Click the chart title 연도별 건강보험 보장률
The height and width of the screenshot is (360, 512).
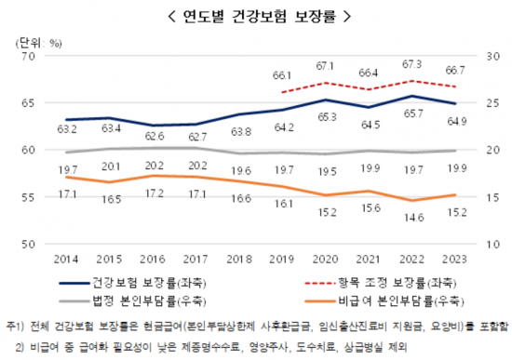(255, 16)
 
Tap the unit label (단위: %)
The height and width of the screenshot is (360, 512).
(38, 43)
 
